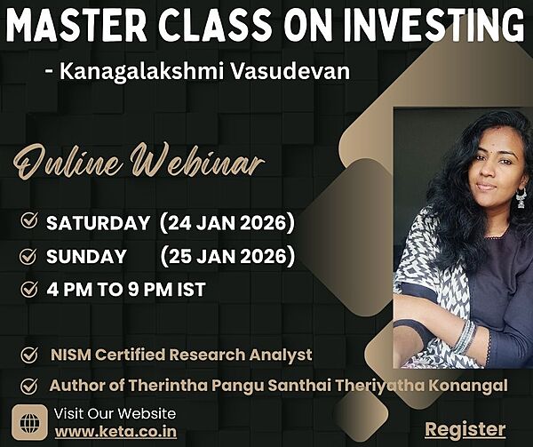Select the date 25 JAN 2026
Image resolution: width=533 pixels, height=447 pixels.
click(x=227, y=257)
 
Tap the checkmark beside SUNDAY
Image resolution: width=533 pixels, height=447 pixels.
click(x=28, y=257)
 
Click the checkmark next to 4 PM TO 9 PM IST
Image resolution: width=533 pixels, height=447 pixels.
click(x=28, y=289)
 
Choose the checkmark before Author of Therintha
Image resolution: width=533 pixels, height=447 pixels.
click(x=28, y=387)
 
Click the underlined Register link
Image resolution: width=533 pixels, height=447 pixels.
click(x=465, y=429)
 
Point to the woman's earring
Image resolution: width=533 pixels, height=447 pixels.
click(x=521, y=197)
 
